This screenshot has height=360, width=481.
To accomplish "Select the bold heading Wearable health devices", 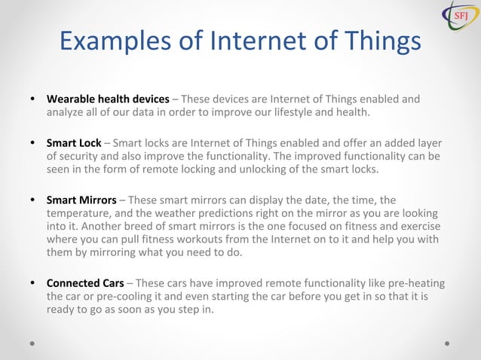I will pos(108,99).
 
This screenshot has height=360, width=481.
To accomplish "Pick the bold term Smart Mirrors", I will pos(81,200).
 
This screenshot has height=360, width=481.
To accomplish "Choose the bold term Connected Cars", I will pos(85,284).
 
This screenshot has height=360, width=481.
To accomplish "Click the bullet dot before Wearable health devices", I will pos(32,99).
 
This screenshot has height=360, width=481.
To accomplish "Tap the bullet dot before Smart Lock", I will pos(32,142).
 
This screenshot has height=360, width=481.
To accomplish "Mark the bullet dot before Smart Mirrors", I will pos(32,200).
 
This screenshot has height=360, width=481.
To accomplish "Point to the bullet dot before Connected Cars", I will pos(32,284).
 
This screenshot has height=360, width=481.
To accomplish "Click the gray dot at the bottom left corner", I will pos(32,343).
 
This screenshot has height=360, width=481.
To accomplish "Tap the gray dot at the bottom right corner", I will pos(447,343).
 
